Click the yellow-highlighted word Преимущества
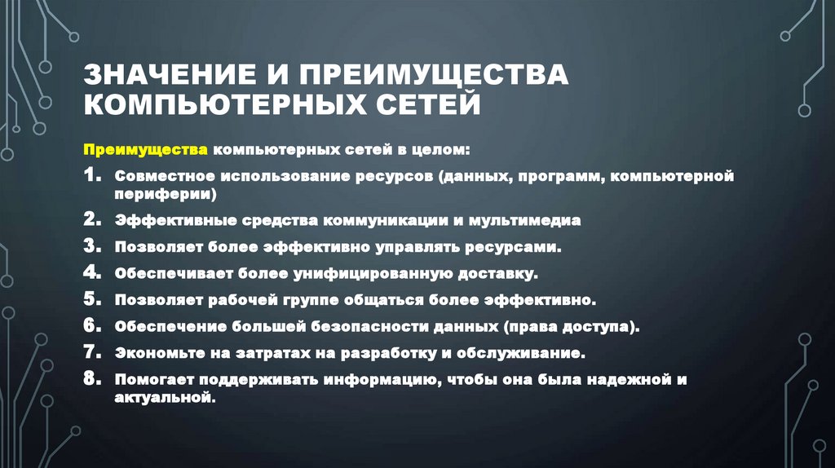pos(148,151)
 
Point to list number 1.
pos(92,176)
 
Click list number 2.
pos(92,220)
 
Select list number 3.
pos(92,245)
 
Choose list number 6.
pos(92,326)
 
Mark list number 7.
pos(92,353)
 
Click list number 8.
pos(92,380)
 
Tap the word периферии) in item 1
pos(166,195)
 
